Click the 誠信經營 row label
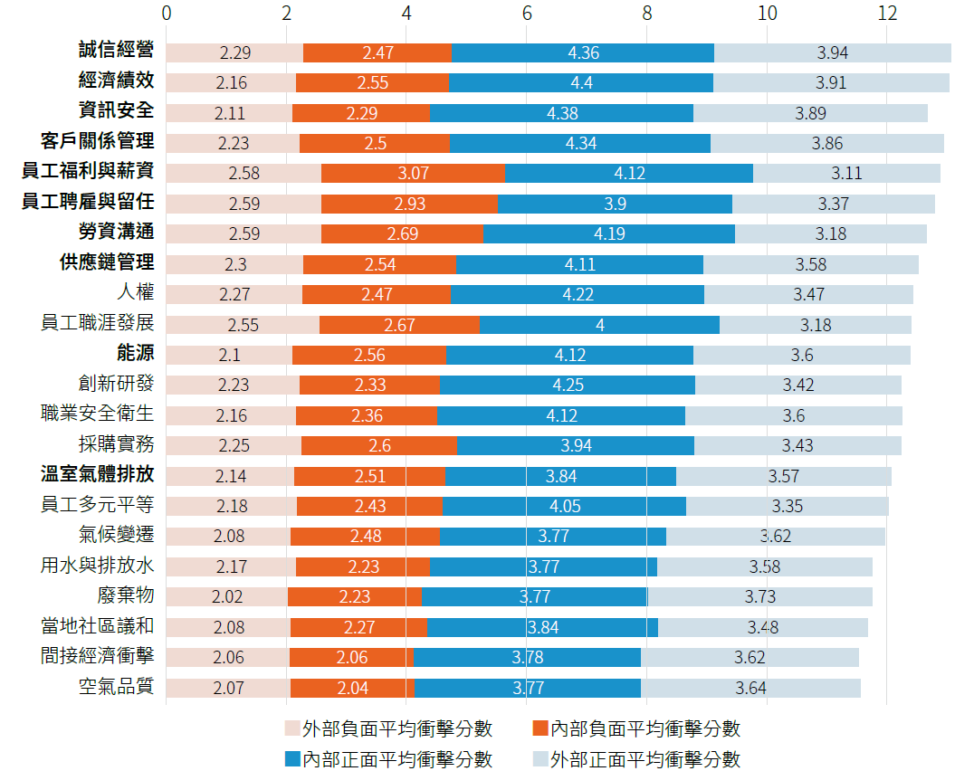pos(116,51)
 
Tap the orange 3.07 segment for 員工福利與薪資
pos(412,173)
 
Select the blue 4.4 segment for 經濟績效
pos(581,82)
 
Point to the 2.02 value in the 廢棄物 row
pos(228,596)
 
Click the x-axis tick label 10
pos(767,14)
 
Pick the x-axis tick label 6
pos(526,14)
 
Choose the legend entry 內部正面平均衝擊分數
pos(397,758)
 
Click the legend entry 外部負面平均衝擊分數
pos(397,728)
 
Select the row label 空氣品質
pos(116,688)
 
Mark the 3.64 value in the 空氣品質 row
pos(750,688)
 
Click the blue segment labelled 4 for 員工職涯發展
pos(599,324)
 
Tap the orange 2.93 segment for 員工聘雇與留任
pos(409,204)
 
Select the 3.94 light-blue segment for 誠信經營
pos(832,52)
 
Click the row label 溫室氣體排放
pos(97,475)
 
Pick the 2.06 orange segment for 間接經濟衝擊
pos(352,657)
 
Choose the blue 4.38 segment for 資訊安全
pos(561,113)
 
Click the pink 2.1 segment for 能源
pos(229,355)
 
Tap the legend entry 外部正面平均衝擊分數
pos(645,758)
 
